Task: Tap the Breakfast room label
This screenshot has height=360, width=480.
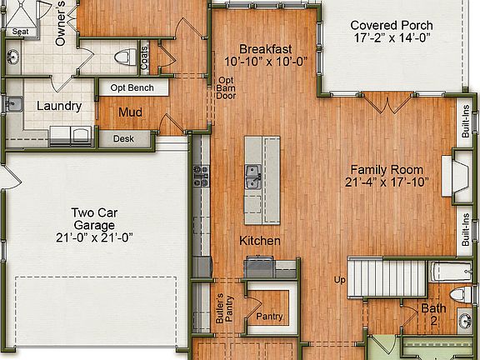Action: (x=266, y=47)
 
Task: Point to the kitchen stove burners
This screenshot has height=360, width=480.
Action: (x=201, y=176)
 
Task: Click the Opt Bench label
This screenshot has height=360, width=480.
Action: (x=133, y=87)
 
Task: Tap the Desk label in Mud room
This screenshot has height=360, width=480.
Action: (x=123, y=139)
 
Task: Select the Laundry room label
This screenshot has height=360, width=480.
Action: (x=59, y=106)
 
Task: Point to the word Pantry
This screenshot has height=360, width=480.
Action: (x=270, y=317)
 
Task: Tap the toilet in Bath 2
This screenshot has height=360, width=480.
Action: (x=457, y=296)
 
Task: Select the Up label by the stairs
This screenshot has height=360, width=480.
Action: (x=339, y=279)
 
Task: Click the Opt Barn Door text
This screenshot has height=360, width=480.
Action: (x=226, y=87)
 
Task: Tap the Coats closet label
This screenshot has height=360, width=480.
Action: (x=146, y=57)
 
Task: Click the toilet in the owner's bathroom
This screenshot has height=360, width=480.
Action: (x=124, y=57)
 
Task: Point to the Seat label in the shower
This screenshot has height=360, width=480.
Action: (x=19, y=32)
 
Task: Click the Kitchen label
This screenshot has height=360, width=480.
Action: (x=259, y=241)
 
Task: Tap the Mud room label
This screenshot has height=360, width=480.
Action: (x=128, y=112)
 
